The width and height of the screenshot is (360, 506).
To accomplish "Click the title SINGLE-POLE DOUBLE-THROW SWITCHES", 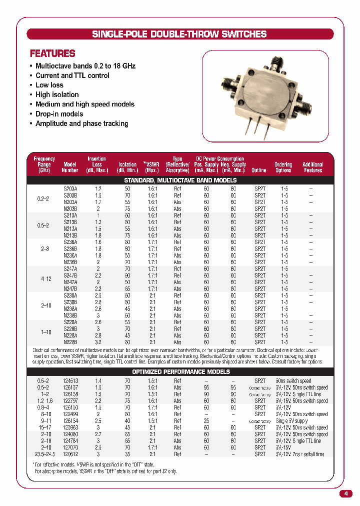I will point(179,34).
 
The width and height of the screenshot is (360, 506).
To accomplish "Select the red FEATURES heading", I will point(52,53).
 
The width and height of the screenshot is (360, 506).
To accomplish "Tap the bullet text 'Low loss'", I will point(49,85).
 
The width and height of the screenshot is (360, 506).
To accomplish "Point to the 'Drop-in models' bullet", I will point(59,114).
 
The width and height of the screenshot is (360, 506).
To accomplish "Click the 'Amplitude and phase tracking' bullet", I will point(81,123).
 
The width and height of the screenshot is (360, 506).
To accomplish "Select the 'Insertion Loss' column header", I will point(97,164).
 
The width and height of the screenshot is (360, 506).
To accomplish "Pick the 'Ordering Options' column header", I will point(283,167).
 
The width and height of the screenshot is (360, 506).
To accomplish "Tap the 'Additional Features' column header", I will point(312,167).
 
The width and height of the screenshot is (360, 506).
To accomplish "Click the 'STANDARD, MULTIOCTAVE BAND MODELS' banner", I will point(180,180).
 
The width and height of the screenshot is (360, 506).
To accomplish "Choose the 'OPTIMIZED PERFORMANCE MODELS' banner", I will point(180,372).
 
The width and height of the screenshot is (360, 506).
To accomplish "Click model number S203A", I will point(70,188).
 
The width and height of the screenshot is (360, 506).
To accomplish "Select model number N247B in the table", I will point(70,288).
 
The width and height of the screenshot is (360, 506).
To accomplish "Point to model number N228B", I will point(70,342).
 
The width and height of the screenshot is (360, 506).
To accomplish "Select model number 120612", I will point(70,454).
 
